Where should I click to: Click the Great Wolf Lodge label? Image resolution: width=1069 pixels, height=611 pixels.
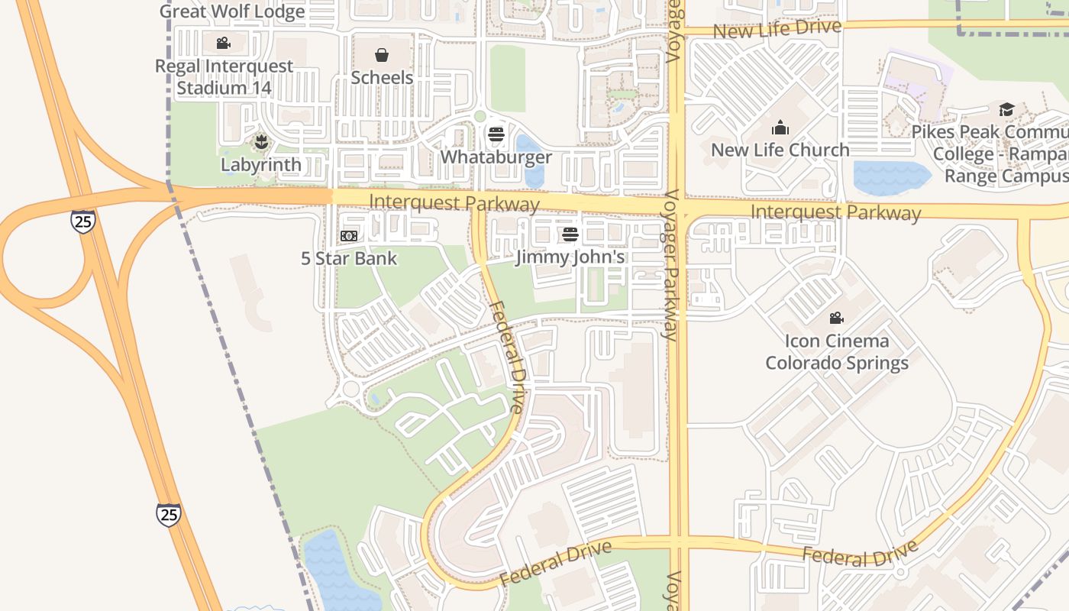click(232, 11)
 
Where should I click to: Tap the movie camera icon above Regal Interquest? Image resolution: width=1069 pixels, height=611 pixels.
click(223, 44)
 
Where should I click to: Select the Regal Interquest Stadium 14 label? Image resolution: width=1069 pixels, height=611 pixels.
click(224, 77)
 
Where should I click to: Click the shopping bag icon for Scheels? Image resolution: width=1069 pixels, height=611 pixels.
click(382, 55)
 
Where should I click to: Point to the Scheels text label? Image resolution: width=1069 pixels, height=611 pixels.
click(382, 77)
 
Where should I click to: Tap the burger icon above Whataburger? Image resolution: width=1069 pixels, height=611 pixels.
click(496, 135)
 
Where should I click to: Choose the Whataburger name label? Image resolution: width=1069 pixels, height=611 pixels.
click(496, 157)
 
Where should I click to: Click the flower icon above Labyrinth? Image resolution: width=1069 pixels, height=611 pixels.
click(261, 142)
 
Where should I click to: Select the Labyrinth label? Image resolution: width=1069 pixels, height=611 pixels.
click(261, 164)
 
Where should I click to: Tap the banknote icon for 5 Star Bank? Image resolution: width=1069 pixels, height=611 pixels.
click(349, 236)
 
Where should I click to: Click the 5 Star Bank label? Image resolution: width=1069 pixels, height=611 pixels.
click(349, 258)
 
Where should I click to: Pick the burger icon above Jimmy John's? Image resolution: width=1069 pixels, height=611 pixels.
click(570, 234)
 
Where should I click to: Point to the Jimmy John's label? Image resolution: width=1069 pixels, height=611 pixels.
click(570, 257)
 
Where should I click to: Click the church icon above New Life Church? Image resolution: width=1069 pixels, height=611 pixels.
click(780, 128)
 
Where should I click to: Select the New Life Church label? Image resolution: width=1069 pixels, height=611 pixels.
click(780, 150)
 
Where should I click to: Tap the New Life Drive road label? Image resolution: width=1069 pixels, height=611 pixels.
click(777, 29)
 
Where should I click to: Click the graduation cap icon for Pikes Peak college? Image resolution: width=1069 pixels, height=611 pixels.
click(1006, 109)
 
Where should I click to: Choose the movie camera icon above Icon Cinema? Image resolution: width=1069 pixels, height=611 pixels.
click(837, 318)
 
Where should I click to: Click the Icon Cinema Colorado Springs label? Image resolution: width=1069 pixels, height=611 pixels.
click(837, 351)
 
